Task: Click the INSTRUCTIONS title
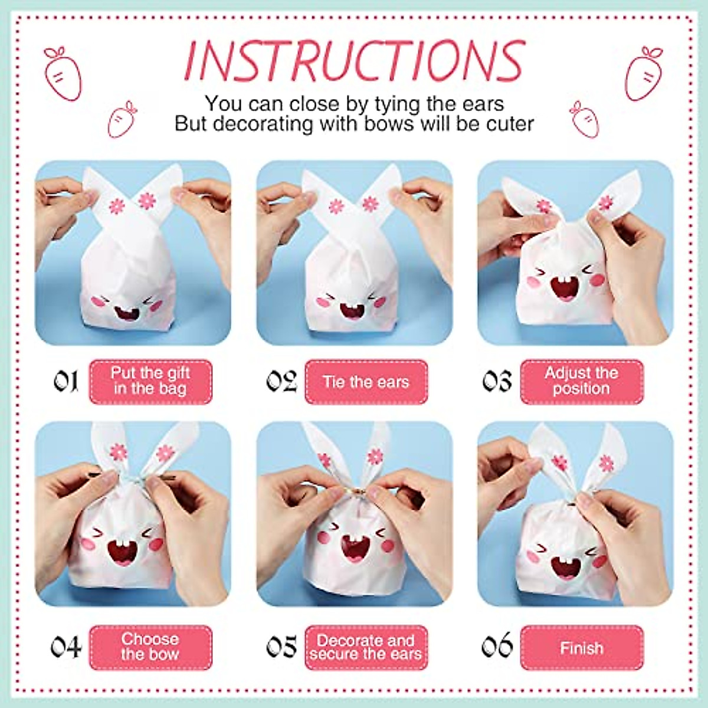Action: [354, 60]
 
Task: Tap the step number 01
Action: [66, 382]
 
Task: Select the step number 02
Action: [281, 382]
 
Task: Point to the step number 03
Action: [497, 382]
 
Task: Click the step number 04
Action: [66, 647]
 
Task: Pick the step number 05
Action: [281, 647]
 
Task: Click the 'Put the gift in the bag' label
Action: [150, 381]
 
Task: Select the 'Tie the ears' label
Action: [366, 382]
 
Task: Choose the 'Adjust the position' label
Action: [582, 381]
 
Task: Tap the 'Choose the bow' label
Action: [150, 647]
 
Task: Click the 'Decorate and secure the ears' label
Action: [366, 647]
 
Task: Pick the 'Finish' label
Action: [582, 648]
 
